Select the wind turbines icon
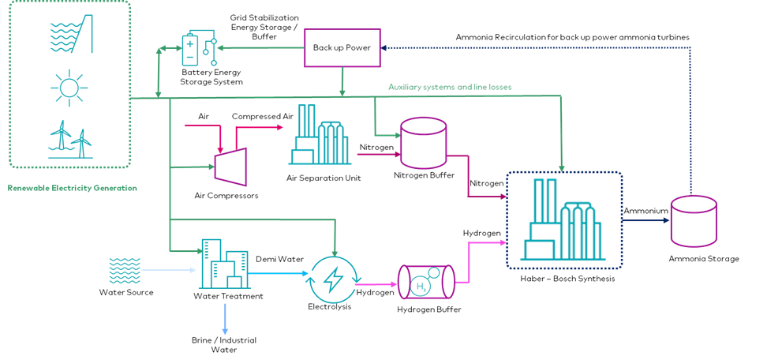(x=70, y=139)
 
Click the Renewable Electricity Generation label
(x=72, y=189)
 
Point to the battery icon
(x=191, y=50)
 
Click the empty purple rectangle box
(x=342, y=47)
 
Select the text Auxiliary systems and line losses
(x=450, y=87)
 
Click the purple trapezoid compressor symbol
(x=231, y=167)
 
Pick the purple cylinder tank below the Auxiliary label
(x=424, y=143)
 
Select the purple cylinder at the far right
(x=694, y=220)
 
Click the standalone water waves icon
(x=125, y=270)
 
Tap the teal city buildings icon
(x=224, y=264)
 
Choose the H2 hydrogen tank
(x=425, y=282)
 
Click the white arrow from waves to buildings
(x=168, y=270)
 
